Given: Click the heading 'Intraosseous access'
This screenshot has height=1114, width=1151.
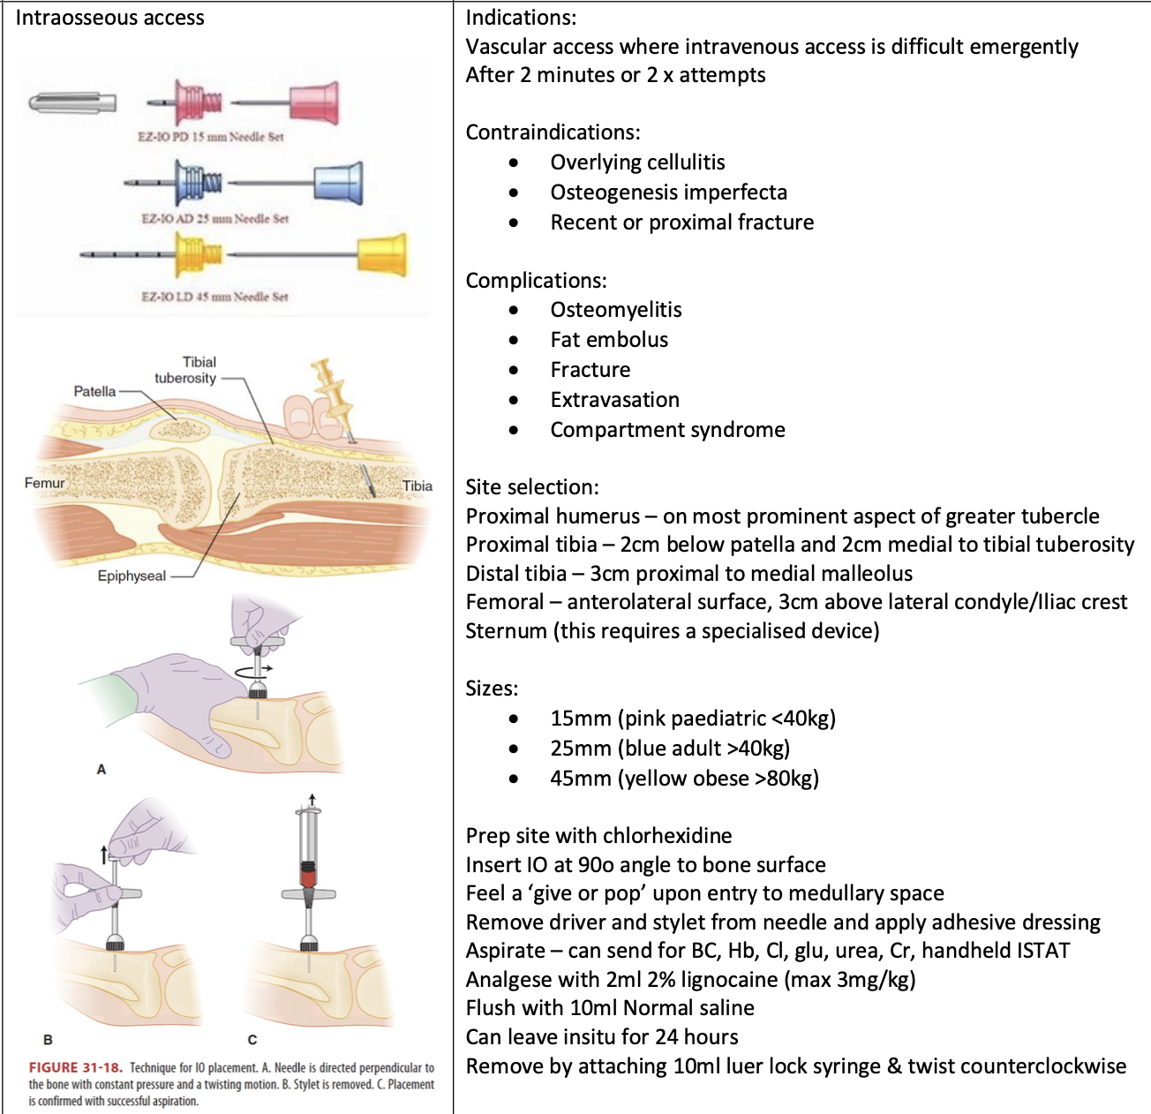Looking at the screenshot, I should click(109, 18).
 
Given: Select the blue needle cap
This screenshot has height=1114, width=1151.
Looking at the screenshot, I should click(338, 183).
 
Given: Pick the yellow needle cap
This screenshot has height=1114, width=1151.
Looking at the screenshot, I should click(383, 255).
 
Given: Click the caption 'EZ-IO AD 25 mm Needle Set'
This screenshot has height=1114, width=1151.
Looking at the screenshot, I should click(214, 218).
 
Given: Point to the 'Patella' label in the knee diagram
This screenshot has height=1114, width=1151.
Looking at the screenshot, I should click(94, 391).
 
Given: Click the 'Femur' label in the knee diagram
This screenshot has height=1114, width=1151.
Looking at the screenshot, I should click(44, 483).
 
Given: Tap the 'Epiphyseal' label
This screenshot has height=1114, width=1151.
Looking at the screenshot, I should click(132, 576).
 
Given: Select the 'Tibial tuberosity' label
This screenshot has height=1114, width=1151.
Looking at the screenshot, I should click(186, 370).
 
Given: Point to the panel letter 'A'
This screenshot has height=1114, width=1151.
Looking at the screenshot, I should click(101, 770).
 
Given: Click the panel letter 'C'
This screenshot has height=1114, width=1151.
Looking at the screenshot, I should click(252, 1039).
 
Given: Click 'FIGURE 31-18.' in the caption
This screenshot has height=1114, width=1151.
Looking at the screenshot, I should click(76, 1067).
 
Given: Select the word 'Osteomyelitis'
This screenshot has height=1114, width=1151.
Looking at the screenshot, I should click(615, 310).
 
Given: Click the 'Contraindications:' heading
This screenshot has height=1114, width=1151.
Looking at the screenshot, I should click(553, 132).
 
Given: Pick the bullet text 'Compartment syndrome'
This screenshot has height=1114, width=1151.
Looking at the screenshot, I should click(667, 430).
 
